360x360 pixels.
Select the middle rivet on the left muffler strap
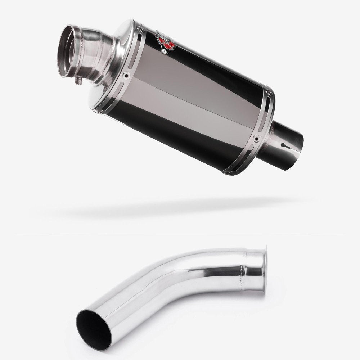[126, 76]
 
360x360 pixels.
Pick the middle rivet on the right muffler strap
[256, 138]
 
